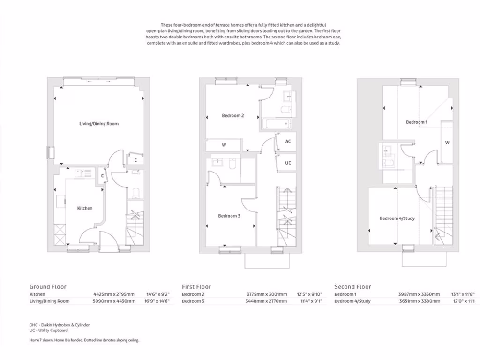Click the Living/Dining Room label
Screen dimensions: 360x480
click(98, 124)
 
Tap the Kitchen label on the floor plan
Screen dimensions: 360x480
click(85, 208)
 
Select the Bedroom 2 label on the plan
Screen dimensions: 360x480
click(232, 115)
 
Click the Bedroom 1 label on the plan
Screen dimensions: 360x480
click(416, 122)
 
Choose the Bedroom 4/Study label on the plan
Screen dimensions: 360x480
click(397, 218)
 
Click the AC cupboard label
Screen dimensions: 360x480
click(288, 141)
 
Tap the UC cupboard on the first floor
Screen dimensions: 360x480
click(288, 163)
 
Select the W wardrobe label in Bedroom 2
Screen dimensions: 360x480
click(224, 145)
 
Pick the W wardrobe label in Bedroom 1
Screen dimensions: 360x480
click(447, 142)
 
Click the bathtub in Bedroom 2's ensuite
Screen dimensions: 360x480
click(277, 124)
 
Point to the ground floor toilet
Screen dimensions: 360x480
click(135, 192)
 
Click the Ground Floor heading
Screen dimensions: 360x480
click(48, 287)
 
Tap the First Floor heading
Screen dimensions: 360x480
click(196, 287)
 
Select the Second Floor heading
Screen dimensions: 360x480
click(352, 287)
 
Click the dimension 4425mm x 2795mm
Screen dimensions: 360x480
click(114, 294)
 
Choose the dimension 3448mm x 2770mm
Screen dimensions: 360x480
click(267, 301)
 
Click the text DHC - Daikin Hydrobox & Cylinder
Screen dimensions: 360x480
click(59, 325)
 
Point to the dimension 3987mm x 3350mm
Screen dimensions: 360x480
click(420, 294)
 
